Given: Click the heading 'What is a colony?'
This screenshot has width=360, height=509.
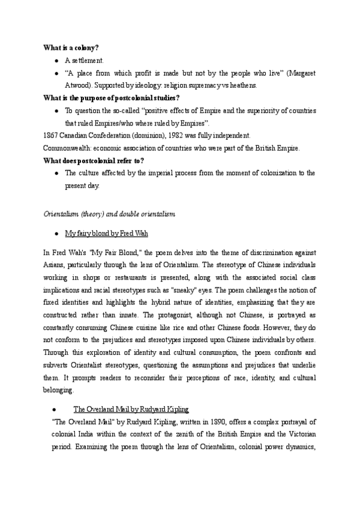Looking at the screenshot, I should [x=70, y=47].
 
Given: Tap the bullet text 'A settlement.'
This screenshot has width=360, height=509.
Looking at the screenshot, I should [x=85, y=61].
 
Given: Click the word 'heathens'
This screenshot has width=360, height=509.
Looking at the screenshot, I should [x=241, y=86].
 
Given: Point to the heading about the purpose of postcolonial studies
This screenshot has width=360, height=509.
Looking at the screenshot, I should [x=111, y=98].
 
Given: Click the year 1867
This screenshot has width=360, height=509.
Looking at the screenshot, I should [x=52, y=136].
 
